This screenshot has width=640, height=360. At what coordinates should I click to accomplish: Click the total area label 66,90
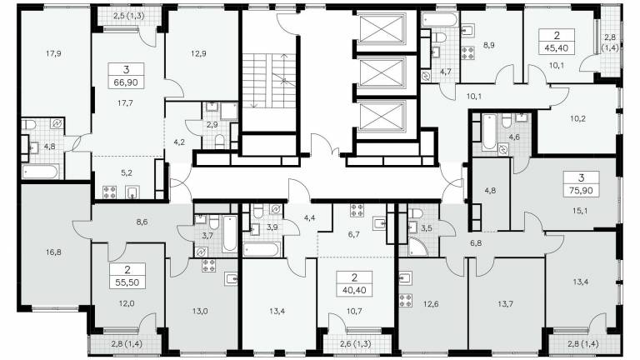126,82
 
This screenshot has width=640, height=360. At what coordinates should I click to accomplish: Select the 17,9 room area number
53,53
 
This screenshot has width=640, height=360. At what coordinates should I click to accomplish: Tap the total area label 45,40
557,47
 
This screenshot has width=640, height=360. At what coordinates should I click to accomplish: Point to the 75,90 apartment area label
581,190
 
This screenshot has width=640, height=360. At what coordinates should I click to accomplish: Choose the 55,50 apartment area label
127,282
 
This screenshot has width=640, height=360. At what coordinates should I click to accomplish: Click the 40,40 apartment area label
354,291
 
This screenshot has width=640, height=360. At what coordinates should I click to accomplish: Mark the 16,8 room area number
53,252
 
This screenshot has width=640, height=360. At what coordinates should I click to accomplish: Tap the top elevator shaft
381,27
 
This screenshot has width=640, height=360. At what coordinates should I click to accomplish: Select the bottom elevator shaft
381,116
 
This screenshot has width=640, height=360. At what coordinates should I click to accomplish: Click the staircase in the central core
269,81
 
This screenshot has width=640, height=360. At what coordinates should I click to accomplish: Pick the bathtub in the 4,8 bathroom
41,172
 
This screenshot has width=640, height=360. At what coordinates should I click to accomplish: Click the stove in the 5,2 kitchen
109,192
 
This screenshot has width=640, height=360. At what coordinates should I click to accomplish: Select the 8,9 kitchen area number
488,45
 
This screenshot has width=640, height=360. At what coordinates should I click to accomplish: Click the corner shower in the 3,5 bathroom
417,247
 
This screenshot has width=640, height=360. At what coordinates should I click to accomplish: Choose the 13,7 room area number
505,303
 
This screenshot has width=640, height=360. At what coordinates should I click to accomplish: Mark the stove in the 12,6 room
405,300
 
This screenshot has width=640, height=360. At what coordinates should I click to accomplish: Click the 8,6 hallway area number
142,222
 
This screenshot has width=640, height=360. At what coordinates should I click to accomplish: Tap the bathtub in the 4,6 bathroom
489,132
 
